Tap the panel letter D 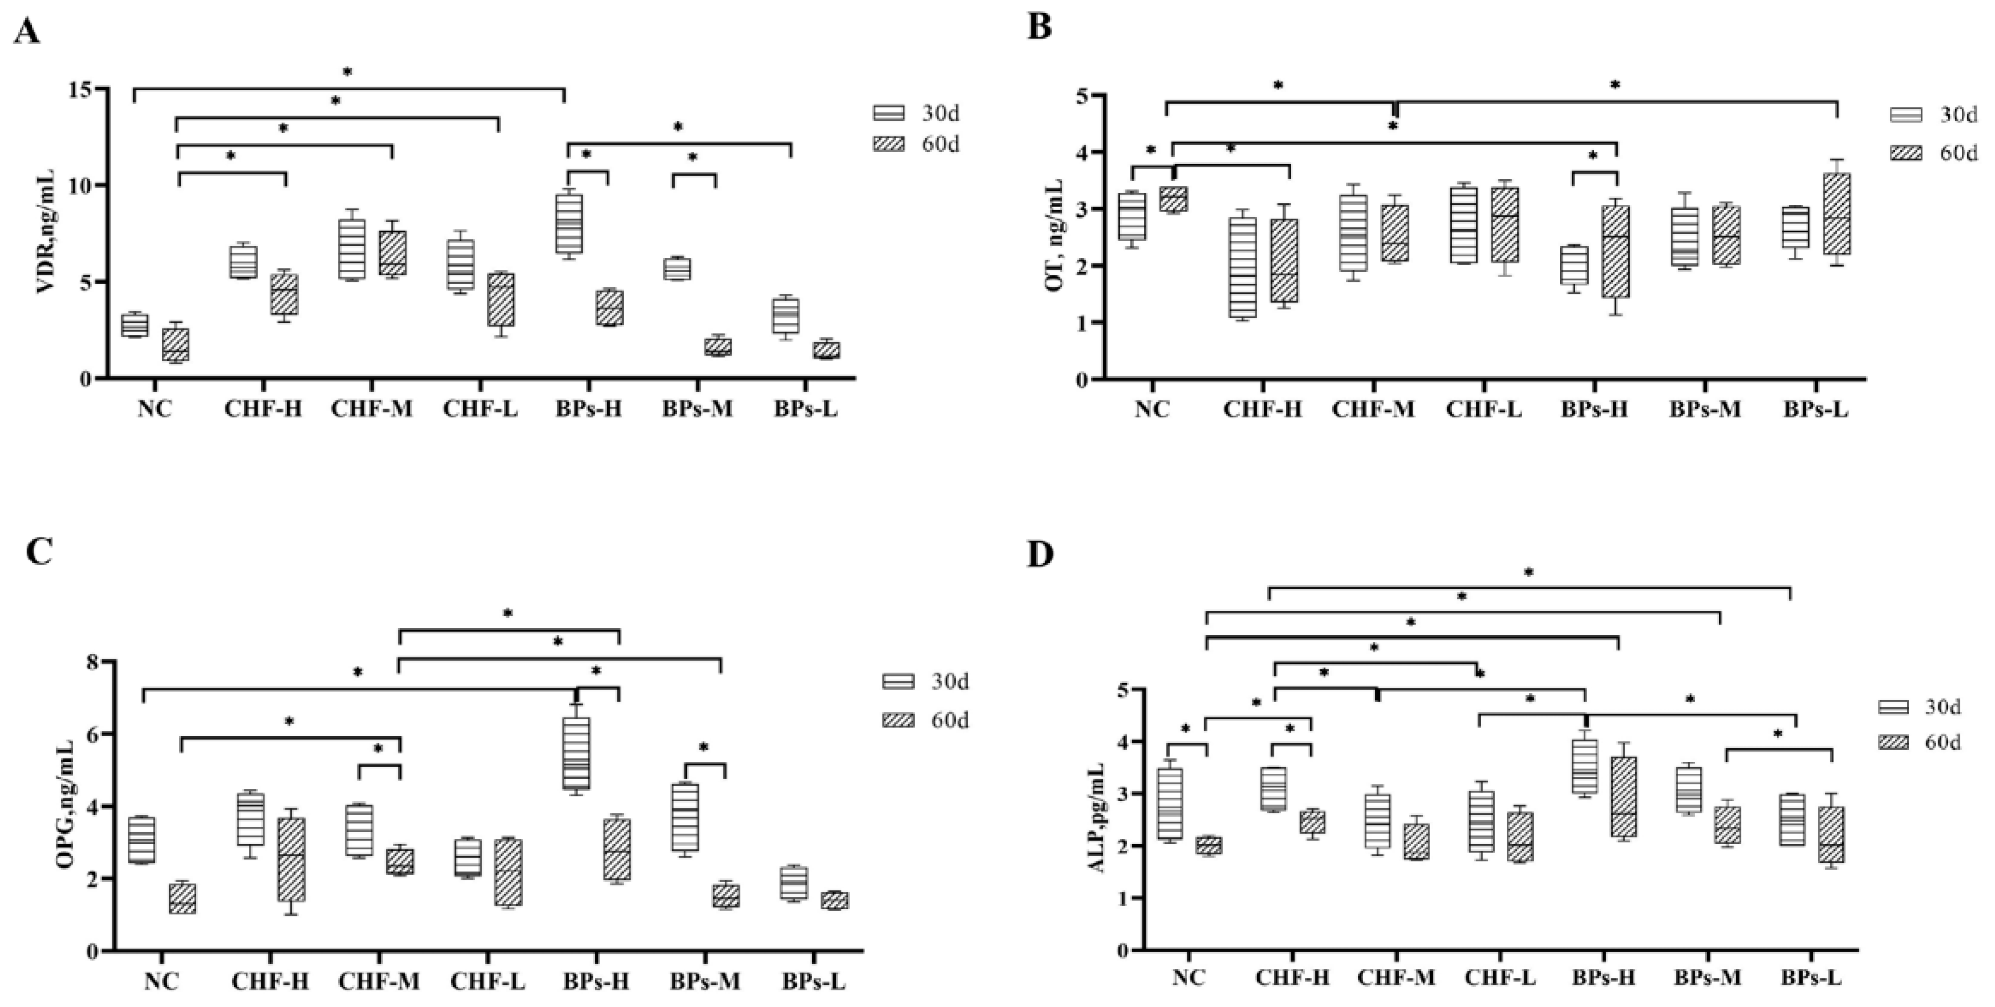(x=1040, y=555)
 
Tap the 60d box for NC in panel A (x=175, y=344)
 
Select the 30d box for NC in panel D (x=1169, y=804)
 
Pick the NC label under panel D (x=1189, y=978)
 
